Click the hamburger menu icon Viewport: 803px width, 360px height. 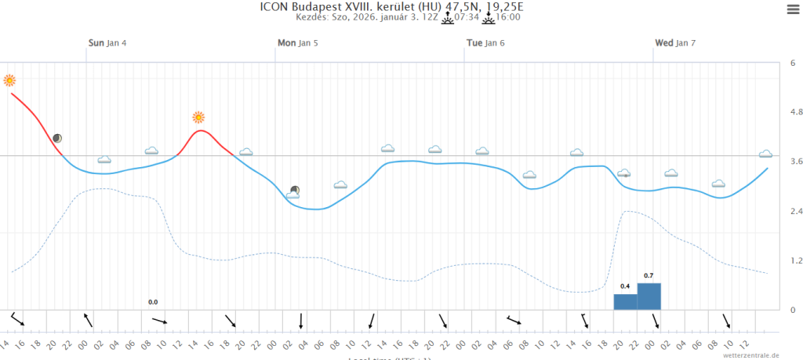(x=791, y=9)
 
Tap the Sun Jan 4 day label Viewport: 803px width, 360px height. (x=107, y=43)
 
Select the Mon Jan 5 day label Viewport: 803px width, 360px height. (x=298, y=43)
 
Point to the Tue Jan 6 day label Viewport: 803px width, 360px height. (x=485, y=43)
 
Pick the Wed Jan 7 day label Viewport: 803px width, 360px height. (x=675, y=43)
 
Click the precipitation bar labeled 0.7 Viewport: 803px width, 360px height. (x=649, y=296)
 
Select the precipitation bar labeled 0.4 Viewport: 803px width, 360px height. (x=625, y=301)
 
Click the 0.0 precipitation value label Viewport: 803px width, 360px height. (x=153, y=302)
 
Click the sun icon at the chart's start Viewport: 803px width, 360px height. (x=9, y=80)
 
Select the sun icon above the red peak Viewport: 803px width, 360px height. (x=198, y=118)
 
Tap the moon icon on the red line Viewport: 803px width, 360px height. (x=57, y=138)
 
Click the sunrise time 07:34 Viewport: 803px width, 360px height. (x=467, y=17)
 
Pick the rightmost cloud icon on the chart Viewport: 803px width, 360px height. (x=765, y=154)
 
